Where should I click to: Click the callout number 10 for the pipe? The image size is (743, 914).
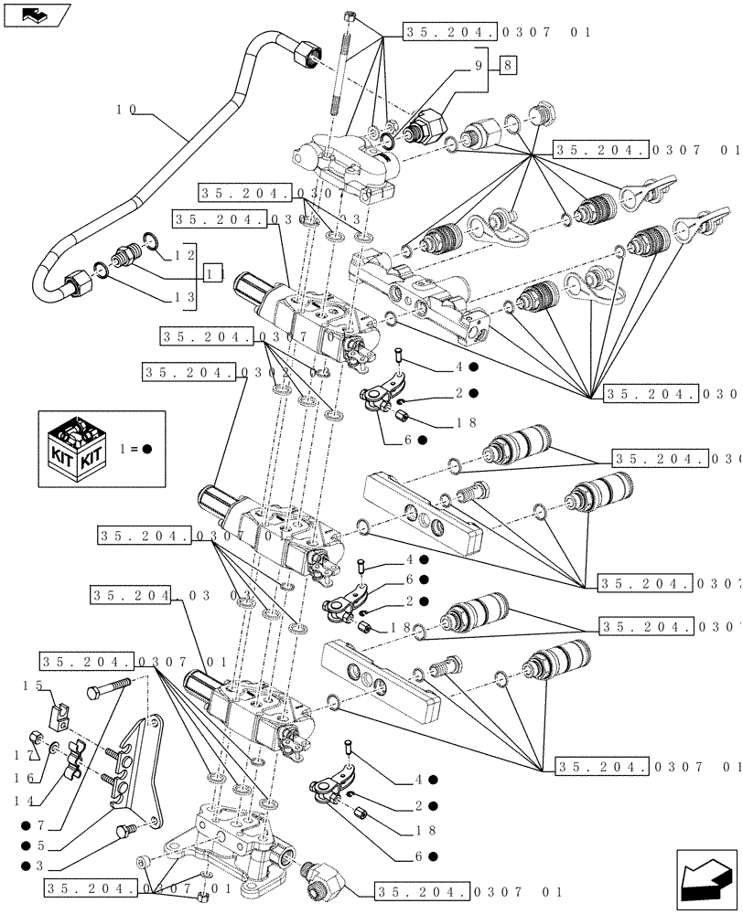point(126,110)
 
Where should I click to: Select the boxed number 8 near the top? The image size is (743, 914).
point(508,64)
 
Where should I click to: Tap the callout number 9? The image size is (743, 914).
point(476,64)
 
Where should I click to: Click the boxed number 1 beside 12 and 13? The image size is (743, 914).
point(213,273)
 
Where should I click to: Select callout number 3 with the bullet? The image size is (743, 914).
point(38,866)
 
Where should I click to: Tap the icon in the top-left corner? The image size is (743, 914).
point(37,14)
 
